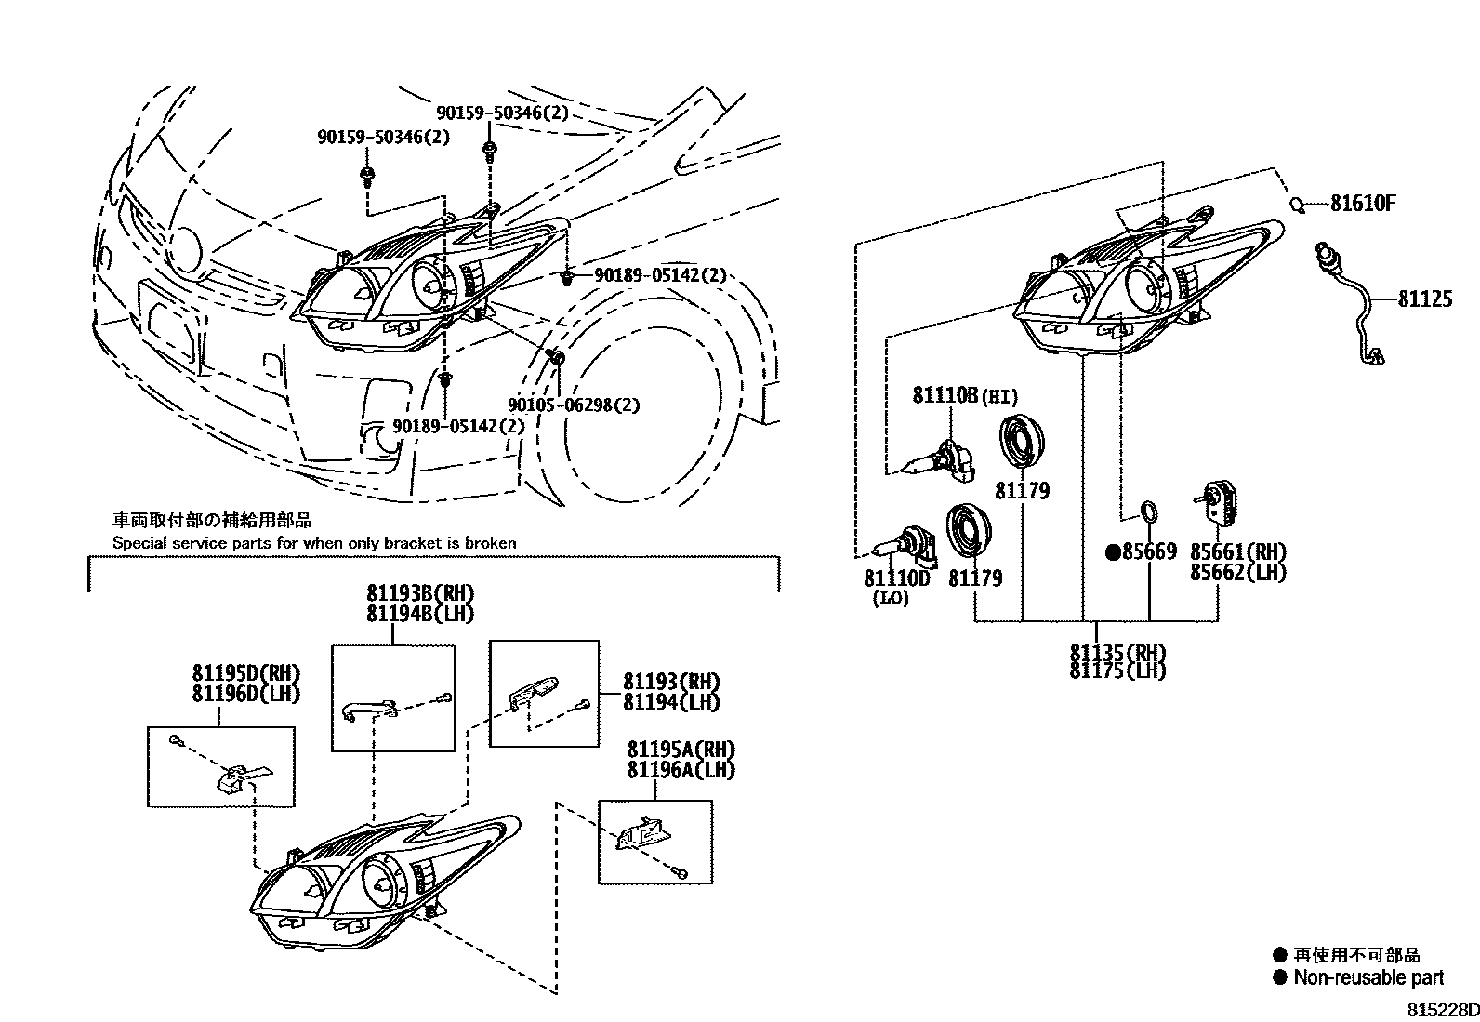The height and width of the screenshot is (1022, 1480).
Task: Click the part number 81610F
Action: point(1362,203)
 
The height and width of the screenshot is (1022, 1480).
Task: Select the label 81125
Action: point(1424,299)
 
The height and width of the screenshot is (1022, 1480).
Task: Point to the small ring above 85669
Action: point(1149,511)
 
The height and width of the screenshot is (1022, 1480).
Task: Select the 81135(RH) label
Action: point(1117,653)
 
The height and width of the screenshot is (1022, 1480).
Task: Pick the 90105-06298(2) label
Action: point(574,405)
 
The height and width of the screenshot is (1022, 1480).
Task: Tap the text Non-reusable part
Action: point(1368,977)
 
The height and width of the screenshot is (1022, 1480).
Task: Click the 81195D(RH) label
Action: point(246,673)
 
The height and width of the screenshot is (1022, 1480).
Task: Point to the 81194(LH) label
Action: point(671,703)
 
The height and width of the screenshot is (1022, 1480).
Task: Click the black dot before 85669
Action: point(1111,552)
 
